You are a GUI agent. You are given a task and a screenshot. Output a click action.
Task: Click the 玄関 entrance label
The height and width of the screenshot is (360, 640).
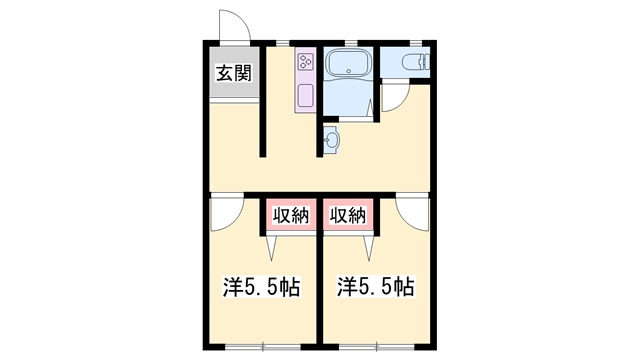pos(233,73)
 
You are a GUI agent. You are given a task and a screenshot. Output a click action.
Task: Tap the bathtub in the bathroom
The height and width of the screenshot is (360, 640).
pos(348,64)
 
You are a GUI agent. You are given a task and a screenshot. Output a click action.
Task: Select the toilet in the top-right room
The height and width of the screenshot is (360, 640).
pos(416,62)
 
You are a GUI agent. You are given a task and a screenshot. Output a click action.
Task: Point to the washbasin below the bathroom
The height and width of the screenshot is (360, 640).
pos(331,140)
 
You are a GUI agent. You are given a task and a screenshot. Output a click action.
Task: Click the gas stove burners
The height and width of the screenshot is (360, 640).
pos(305,62)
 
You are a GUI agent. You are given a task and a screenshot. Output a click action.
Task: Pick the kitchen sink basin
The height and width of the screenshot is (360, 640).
pos(305,96)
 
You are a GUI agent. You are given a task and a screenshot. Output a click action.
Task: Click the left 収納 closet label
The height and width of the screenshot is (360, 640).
pos(291,215)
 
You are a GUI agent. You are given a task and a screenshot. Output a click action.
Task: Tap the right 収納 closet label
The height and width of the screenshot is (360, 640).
pos(348,215)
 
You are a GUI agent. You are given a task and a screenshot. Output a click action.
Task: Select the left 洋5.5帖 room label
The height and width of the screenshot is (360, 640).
pos(261,287)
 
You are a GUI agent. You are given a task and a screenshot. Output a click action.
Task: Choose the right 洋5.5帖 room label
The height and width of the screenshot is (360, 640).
pos(376,287)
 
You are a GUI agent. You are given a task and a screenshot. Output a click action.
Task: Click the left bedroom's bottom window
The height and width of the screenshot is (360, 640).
pos(263,347)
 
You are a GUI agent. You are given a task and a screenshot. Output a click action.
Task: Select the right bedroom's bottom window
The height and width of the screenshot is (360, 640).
pos(377,347)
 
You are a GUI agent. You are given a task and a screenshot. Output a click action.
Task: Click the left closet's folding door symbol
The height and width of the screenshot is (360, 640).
pos(272,248)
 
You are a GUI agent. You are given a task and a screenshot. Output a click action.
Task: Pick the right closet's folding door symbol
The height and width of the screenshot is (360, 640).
pos(369,248)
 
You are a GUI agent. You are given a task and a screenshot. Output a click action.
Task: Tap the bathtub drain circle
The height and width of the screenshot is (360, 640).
pos(349,71)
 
